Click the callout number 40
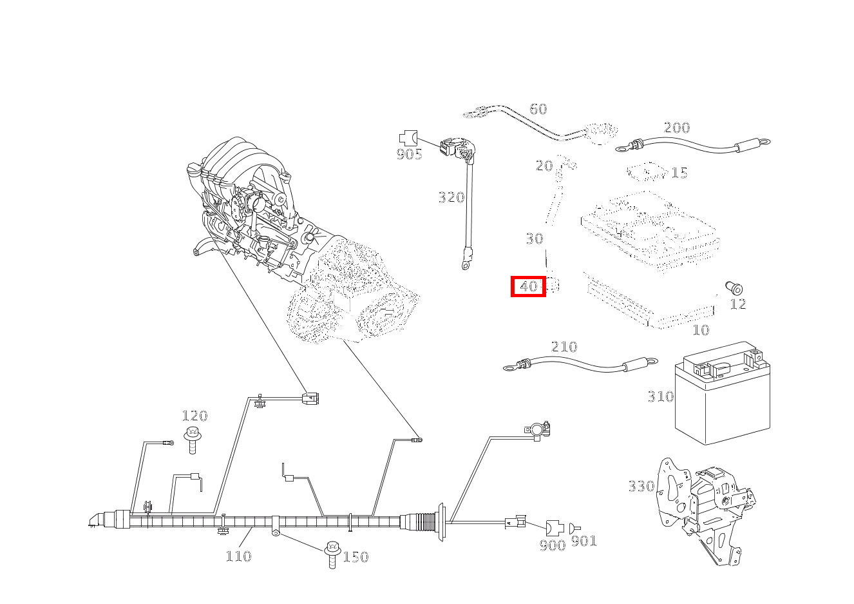pos(528,286)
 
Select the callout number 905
pos(409,154)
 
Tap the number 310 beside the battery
pos(660,396)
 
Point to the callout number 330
pos(641,486)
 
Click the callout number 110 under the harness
pos(238,556)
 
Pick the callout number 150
pos(356,557)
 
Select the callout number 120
pos(195,416)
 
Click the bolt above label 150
pos(333,554)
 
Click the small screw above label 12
pos(734,287)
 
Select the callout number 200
pos(676,128)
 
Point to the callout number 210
pos(564,347)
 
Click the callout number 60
pos(538,109)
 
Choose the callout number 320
pos(451,197)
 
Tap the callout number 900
pos(552,545)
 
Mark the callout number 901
pos(584,541)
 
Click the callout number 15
pos(679,173)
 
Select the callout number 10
pos(700,330)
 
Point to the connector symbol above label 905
pos(408,137)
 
